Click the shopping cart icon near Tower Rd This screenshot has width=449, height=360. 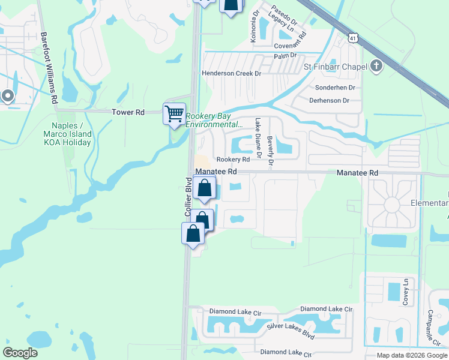(174, 113)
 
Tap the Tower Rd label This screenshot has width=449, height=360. (128, 112)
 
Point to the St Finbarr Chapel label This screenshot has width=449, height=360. (336, 66)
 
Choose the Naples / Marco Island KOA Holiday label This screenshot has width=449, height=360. (67, 134)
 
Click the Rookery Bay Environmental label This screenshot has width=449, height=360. (214, 120)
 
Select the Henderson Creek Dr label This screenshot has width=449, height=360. (232, 73)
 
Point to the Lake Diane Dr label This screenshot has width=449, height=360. (258, 137)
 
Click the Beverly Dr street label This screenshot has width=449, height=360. (270, 150)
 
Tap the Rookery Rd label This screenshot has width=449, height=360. (233, 160)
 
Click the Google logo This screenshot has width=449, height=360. (20, 353)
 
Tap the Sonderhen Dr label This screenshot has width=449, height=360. (336, 88)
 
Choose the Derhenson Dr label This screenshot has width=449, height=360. (329, 101)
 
